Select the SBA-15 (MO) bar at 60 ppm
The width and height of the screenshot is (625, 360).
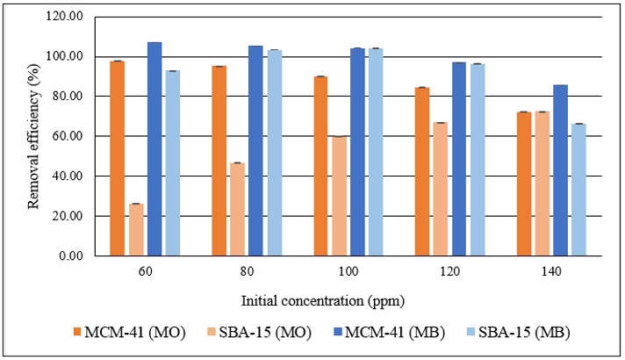(136, 229)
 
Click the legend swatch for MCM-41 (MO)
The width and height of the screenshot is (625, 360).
(80, 333)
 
